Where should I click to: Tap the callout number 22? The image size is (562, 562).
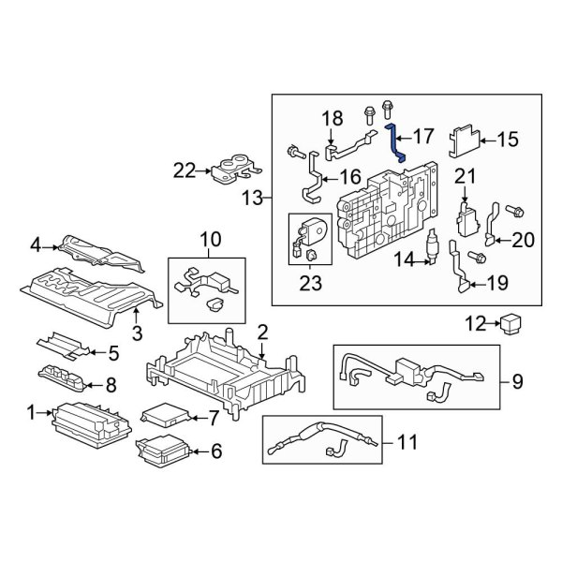point(184,170)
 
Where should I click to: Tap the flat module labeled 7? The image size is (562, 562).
point(163,415)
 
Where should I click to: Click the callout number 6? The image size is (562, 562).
point(216,451)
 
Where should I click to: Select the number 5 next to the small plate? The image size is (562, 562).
point(113,353)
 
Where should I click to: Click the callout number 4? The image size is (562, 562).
point(36,246)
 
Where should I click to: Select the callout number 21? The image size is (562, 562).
point(466,176)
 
